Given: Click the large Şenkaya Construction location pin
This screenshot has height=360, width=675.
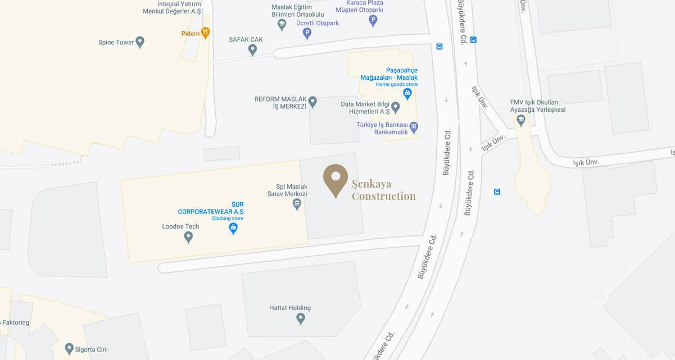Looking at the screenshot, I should pos(336,179).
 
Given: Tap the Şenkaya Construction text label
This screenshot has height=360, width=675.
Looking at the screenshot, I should pos(384,190).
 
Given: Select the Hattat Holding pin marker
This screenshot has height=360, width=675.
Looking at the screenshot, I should pos(301,319).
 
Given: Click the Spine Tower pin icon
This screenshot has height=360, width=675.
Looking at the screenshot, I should pos(140,42).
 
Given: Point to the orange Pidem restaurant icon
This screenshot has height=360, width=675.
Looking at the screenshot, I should pos(205,33).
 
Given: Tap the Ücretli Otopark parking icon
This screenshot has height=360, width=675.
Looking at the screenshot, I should pos(307,33).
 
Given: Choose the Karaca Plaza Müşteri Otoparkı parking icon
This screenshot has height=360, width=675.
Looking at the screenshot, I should pos(373,21).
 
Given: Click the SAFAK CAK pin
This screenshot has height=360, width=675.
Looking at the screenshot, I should pos(252,50).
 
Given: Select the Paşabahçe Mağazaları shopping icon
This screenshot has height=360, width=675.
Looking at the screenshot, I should pos(407,94).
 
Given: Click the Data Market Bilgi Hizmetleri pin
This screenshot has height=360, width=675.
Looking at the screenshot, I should pos(396,107).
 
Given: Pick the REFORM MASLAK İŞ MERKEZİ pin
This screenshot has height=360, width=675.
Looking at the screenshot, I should pos(312,102).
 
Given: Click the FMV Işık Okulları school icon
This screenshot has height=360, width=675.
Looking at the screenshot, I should pos(521,120).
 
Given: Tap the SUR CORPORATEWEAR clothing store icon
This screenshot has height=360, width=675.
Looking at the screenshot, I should pos(233,228).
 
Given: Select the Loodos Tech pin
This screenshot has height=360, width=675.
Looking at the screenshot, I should pos(188,237).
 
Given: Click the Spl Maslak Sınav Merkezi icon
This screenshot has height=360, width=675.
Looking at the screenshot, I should pos(297,204).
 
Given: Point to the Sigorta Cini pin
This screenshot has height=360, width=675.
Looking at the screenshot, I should pos(69,349).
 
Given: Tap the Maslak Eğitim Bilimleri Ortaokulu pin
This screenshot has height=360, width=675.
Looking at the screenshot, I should pos(282,24).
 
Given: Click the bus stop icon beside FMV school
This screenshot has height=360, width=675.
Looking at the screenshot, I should pos(497,192).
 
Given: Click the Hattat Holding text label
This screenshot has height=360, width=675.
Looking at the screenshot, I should pos(290,308).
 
